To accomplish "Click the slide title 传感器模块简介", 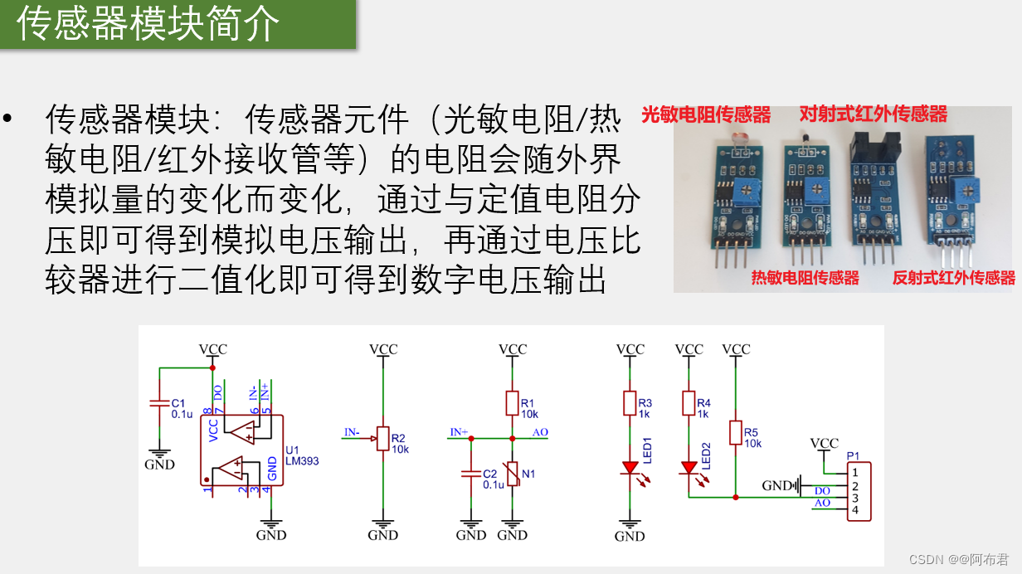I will coord(149,24).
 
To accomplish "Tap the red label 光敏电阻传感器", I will coord(706,114).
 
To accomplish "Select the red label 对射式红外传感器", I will coord(873,114).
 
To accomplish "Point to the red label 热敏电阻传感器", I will coord(805,278).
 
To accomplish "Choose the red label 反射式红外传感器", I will coord(953,278).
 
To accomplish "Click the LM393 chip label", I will coord(303,461).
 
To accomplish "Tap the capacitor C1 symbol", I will coord(158,403).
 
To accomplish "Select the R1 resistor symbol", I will coord(512,404).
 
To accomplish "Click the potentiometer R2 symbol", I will coord(383,438).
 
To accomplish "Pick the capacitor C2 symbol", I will coord(470,474).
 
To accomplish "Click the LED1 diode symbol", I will coord(630,469).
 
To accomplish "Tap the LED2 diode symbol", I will coord(689,468).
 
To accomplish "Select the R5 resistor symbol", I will coord(736,432).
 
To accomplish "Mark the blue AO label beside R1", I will coord(540,432).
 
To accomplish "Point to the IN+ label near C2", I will coord(459,432).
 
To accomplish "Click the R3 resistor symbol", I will coord(630,403).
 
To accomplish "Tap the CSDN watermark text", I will coord(953,559).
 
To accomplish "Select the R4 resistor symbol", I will coord(689,403).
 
